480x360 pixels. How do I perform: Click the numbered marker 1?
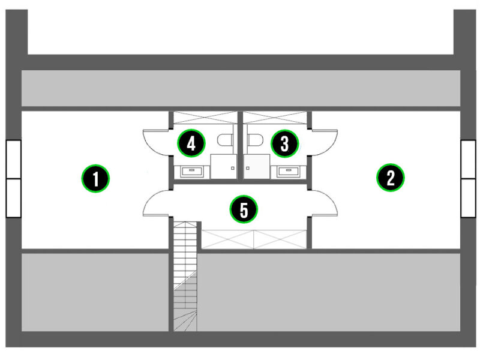(95, 178)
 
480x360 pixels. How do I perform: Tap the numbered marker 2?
(391, 178)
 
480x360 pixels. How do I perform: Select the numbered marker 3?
(284, 143)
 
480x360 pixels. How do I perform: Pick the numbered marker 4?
(191, 143)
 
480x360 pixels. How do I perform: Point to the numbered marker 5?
(244, 209)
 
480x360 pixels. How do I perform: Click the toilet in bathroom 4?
(226, 140)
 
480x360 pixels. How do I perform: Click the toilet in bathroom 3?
(256, 140)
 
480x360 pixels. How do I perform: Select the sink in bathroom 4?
(192, 171)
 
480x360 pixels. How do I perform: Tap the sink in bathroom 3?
(289, 171)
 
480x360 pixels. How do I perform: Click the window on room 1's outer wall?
(13, 179)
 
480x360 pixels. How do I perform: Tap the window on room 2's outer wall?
(469, 179)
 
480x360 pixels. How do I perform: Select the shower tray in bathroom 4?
(223, 167)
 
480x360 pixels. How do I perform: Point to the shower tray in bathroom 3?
(257, 167)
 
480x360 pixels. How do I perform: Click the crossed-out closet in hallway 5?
(254, 239)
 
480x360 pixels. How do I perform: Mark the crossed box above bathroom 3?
(275, 118)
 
